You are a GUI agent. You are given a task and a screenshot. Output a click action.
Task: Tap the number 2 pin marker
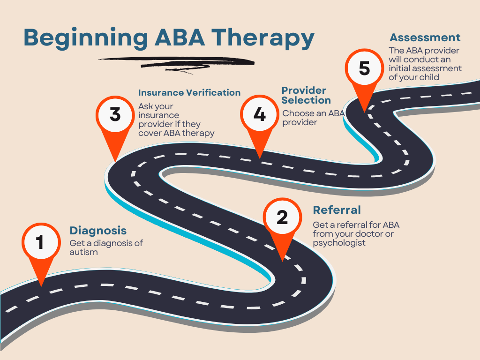282,218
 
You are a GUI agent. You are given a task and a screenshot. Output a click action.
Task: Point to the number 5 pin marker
364,69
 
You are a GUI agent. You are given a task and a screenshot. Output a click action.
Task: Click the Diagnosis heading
98,231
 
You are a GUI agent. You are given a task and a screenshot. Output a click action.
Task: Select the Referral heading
337,210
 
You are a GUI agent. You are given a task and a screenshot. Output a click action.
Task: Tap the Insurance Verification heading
189,93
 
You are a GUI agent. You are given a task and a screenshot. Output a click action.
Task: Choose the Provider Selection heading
306,95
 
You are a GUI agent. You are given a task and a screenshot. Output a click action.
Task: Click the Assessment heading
425,37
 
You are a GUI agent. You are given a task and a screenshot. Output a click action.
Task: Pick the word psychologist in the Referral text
339,243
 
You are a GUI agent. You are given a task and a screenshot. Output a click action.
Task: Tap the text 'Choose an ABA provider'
313,118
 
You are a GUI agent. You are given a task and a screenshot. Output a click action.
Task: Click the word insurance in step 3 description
158,115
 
